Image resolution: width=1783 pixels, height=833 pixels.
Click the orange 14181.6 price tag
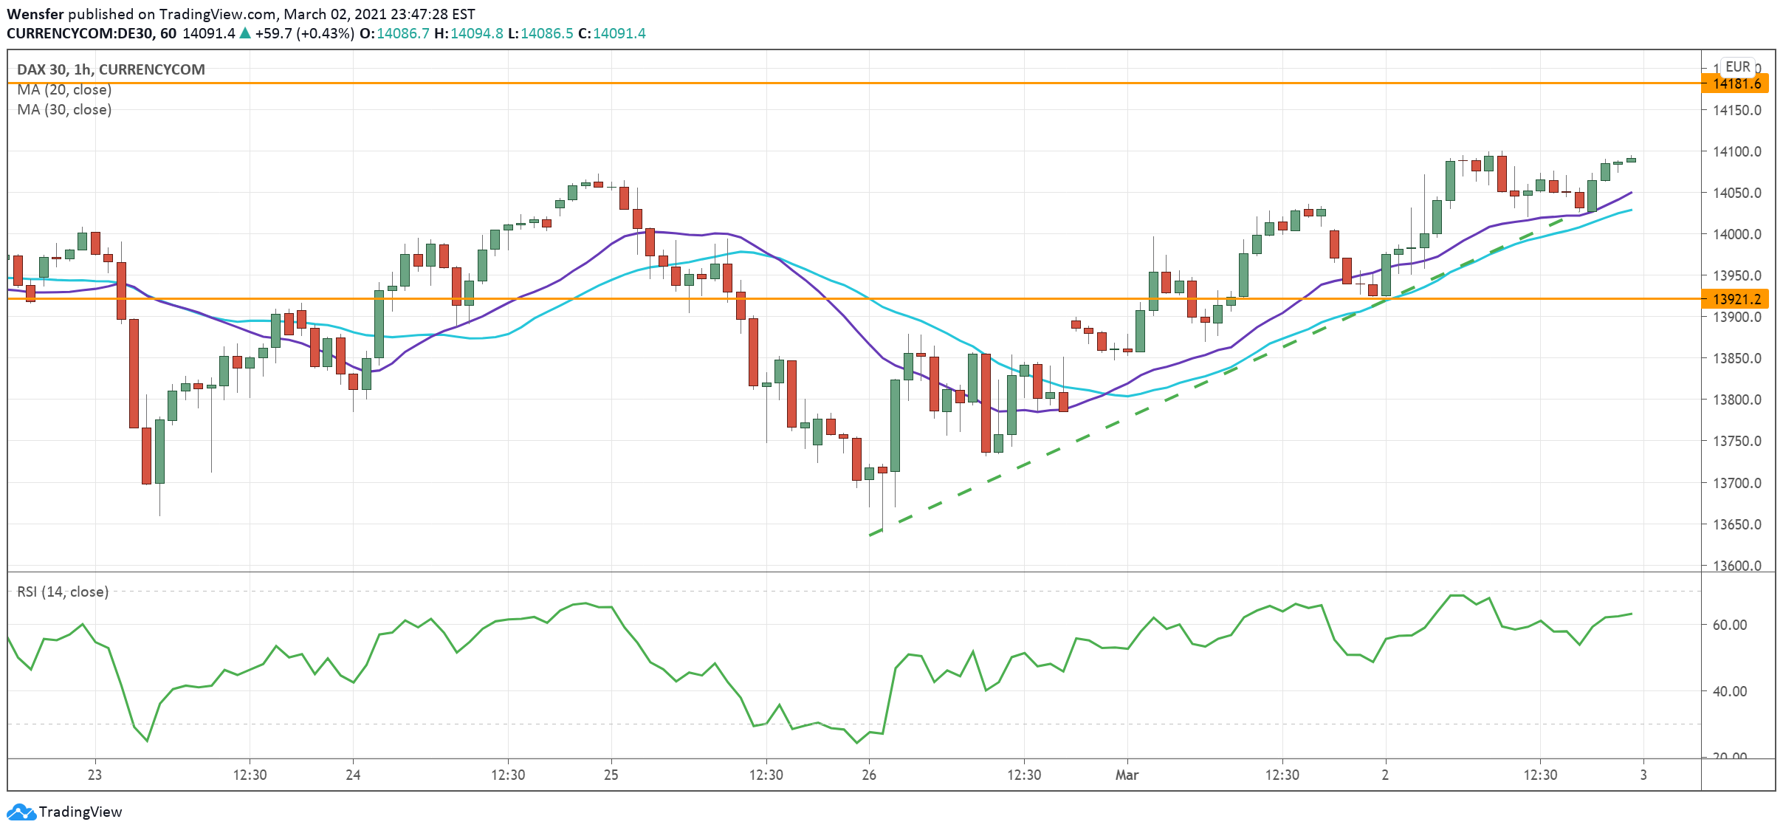click(1736, 83)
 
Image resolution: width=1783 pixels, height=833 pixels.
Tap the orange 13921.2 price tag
click(1736, 299)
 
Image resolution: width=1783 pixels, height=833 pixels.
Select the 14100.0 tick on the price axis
click(1736, 151)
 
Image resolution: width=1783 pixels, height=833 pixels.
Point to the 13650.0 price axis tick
click(1736, 524)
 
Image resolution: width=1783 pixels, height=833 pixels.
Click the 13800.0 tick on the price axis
click(1736, 400)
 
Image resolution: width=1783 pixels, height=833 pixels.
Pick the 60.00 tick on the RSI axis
click(1729, 625)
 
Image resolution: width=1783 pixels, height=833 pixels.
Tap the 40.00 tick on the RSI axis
click(1729, 691)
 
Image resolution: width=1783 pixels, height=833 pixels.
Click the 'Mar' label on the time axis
click(1127, 775)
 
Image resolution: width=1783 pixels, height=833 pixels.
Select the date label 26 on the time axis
click(869, 775)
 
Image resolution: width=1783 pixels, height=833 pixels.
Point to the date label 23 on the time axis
click(95, 775)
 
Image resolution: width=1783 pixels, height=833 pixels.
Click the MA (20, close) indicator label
click(64, 89)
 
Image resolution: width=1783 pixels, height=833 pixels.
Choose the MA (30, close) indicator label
click(64, 109)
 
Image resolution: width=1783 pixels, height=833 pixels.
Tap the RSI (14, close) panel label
click(63, 592)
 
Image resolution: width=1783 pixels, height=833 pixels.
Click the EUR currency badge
click(1738, 66)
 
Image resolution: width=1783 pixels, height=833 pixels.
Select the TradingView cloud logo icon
click(21, 812)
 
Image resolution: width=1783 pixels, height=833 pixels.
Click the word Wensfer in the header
click(35, 14)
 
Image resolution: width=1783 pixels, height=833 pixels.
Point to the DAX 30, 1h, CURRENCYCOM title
click(111, 69)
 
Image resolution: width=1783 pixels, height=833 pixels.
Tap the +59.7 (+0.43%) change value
click(304, 33)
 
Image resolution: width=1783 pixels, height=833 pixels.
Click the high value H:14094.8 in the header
click(468, 33)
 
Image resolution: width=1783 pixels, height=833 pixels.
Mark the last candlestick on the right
click(1631, 160)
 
